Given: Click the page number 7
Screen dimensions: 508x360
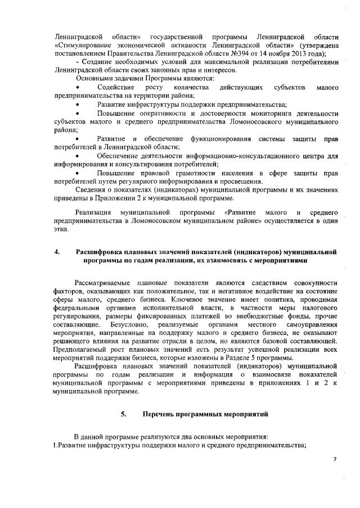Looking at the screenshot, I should point(334,460).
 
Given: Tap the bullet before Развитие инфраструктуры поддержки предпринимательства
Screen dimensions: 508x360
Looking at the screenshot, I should point(78,105).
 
